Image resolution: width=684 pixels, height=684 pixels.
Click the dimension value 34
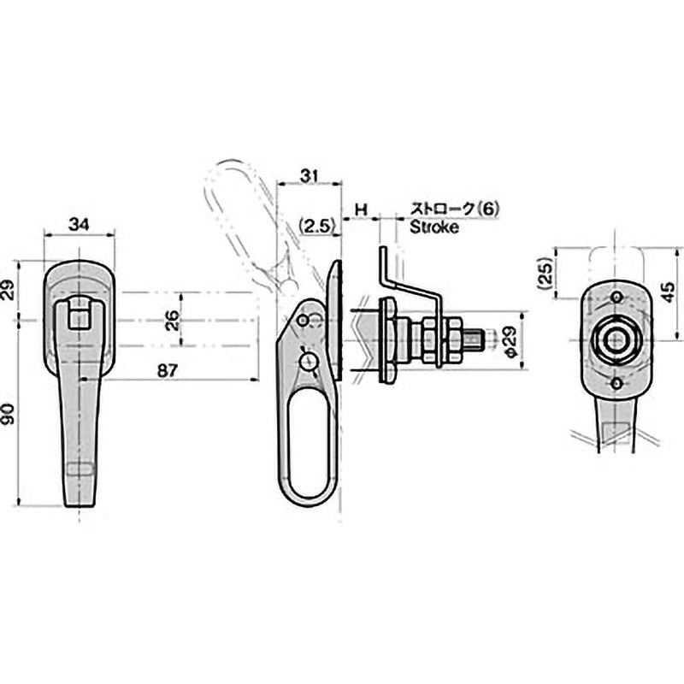tap(79, 225)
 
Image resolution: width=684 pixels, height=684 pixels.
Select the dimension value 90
tap(9, 414)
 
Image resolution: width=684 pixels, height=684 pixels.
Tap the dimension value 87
tap(168, 371)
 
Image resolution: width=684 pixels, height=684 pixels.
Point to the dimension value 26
tap(174, 320)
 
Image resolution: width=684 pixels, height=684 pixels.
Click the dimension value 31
tap(310, 176)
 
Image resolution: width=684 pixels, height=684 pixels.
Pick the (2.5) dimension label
tap(318, 227)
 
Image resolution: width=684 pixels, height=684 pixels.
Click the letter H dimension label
tap(361, 209)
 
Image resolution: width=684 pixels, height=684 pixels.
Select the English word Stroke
tap(434, 227)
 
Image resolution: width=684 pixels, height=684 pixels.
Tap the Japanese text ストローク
tap(442, 209)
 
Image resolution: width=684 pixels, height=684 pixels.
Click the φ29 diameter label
tap(510, 341)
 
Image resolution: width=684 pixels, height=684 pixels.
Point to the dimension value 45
tap(668, 292)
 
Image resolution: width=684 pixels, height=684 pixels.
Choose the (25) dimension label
tap(545, 274)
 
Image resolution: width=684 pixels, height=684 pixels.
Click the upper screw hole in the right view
tap(616, 297)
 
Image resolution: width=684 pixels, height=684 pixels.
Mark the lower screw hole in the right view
tap(616, 383)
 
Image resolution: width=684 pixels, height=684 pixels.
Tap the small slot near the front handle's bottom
tap(80, 469)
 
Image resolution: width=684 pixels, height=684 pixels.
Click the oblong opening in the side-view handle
tap(308, 443)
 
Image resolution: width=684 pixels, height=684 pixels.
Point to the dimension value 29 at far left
tap(9, 289)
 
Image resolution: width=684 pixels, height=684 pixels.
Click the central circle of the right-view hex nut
tap(616, 341)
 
